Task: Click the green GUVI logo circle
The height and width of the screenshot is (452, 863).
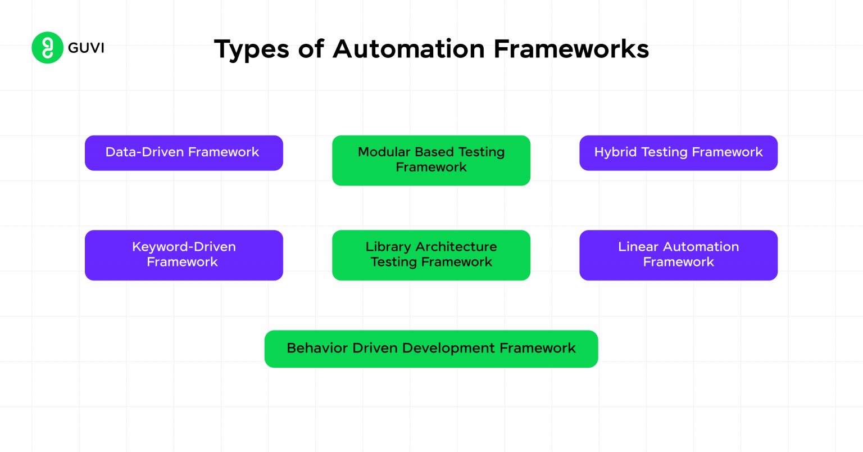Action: click(47, 48)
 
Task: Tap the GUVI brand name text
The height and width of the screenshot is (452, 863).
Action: click(86, 48)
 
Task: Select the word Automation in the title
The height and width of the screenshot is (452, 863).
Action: click(408, 49)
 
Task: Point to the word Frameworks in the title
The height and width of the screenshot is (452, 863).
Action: click(571, 49)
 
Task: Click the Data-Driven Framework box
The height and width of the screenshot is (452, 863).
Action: click(184, 153)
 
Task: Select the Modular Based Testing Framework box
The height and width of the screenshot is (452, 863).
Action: click(431, 160)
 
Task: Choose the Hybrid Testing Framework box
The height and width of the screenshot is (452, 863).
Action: click(678, 153)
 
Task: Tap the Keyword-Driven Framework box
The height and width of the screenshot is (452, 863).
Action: click(184, 255)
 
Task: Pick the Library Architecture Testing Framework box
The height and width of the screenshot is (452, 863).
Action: click(431, 255)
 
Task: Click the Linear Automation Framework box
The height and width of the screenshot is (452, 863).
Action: click(678, 255)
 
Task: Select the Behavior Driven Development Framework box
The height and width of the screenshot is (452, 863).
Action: click(431, 349)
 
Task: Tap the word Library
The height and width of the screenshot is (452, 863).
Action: click(388, 247)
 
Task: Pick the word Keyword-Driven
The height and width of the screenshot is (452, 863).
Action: click(184, 247)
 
